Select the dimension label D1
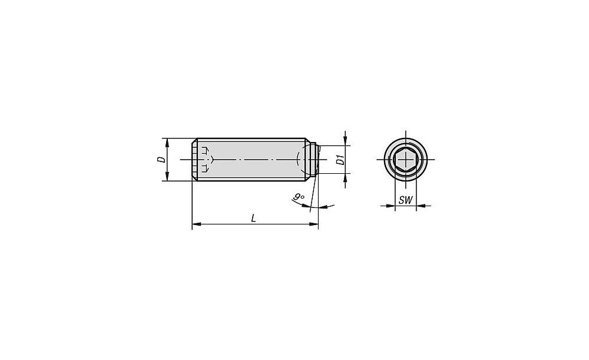(340, 159)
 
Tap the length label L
(254, 218)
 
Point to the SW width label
(405, 200)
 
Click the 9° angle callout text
(299, 197)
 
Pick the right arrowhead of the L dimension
(314, 224)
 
